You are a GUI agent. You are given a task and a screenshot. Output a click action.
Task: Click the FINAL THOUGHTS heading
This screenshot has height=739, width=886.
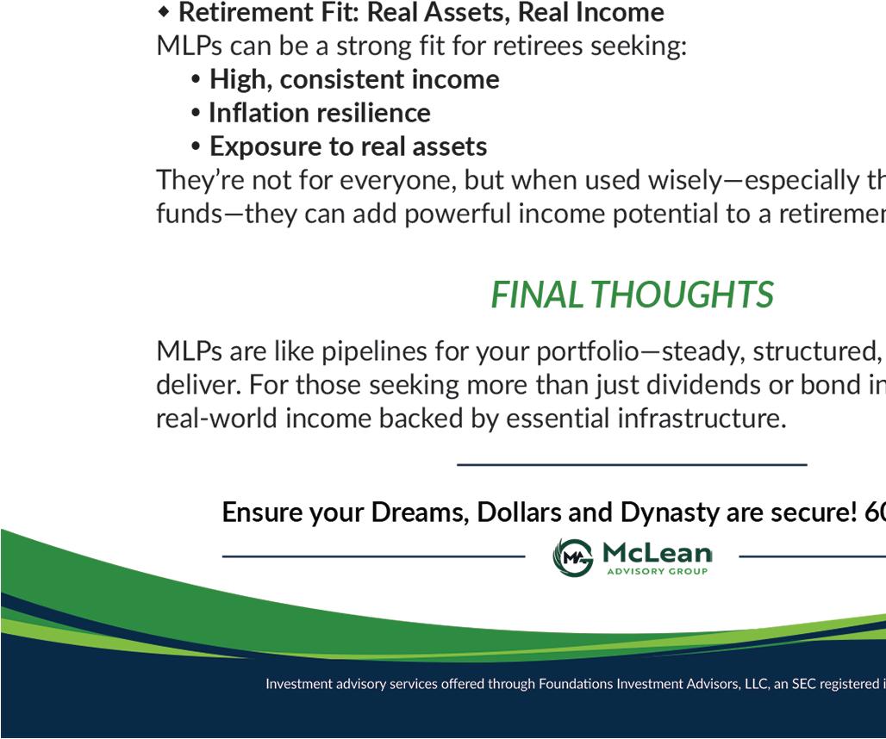click(632, 295)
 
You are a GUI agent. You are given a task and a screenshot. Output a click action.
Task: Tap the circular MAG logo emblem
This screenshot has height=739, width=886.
click(573, 557)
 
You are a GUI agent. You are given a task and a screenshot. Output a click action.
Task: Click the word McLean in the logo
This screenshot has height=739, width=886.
click(657, 553)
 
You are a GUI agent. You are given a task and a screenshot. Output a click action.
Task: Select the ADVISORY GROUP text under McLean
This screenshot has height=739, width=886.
click(657, 571)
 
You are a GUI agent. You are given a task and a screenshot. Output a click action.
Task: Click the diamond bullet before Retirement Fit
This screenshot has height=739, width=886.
click(164, 12)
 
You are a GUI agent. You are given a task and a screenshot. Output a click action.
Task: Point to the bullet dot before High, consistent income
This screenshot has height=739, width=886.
click(196, 79)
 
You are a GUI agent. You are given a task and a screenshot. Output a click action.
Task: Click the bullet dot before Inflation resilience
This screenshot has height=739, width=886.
click(196, 113)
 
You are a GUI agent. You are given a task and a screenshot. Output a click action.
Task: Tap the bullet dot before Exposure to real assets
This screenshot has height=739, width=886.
click(196, 146)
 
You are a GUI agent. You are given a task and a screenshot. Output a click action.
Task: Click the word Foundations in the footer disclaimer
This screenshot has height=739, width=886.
click(575, 684)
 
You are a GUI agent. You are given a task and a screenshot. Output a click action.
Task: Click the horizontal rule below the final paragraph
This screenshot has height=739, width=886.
click(632, 464)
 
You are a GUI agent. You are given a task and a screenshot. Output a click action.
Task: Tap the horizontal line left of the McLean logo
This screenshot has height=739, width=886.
click(373, 556)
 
